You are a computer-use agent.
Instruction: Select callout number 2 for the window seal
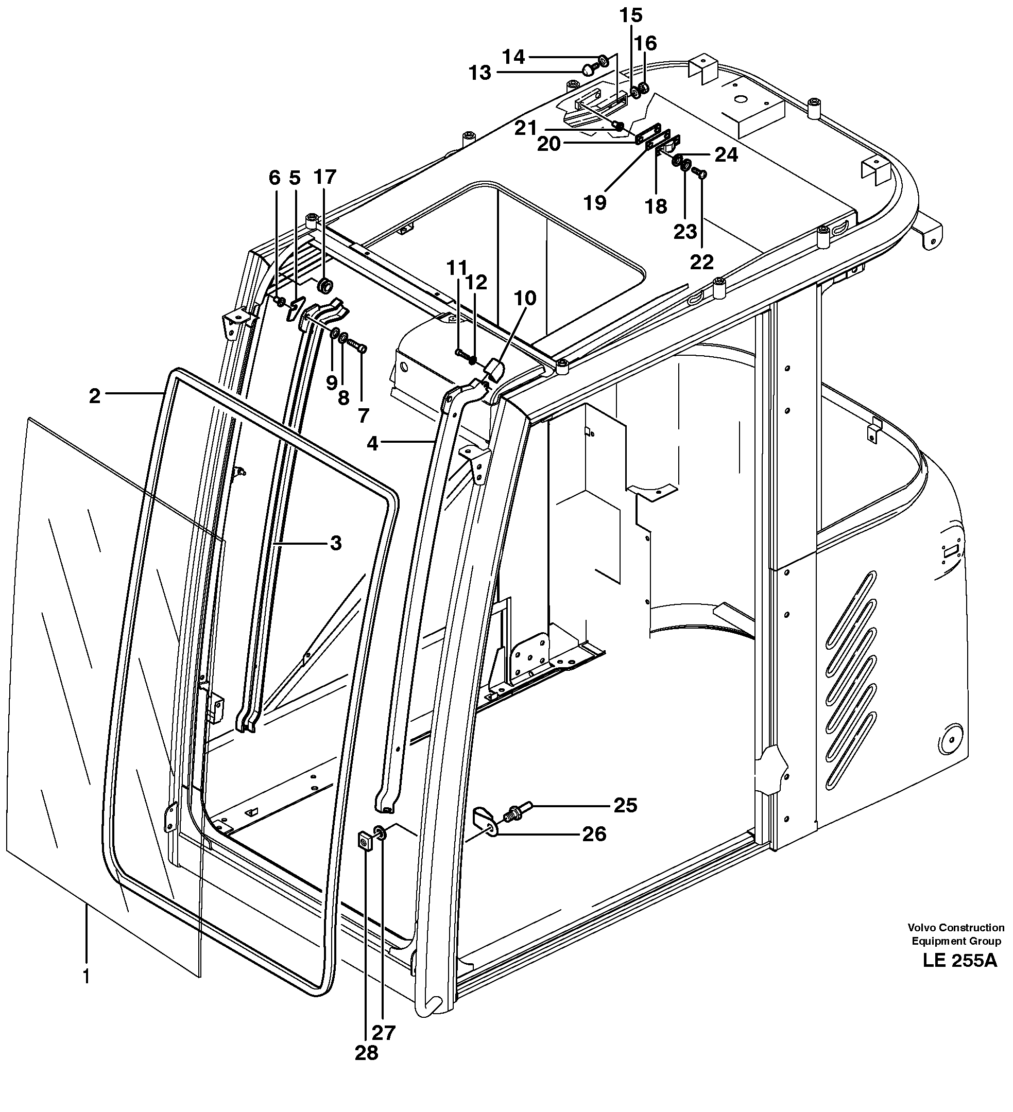click(x=95, y=396)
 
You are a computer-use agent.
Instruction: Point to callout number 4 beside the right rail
click(x=373, y=443)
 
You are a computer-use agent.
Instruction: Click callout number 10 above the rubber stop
click(x=525, y=299)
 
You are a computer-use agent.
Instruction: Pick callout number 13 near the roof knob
click(x=479, y=72)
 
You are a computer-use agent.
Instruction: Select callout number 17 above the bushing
click(x=324, y=177)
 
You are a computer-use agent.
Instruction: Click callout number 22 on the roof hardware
click(x=702, y=262)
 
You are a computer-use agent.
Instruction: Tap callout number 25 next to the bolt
click(x=625, y=805)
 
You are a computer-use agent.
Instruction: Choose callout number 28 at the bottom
click(x=366, y=1052)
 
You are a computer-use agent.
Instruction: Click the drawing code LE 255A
click(x=959, y=960)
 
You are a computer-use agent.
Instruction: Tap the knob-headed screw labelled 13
click(x=589, y=68)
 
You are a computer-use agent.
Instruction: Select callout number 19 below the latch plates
click(x=595, y=203)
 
